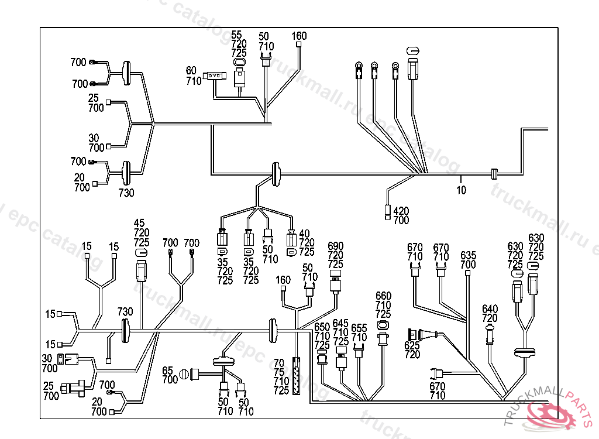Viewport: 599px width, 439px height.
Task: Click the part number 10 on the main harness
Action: pyautogui.click(x=462, y=190)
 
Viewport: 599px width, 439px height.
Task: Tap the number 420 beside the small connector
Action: pyautogui.click(x=401, y=211)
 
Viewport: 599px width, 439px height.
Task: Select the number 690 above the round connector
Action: pyautogui.click(x=335, y=246)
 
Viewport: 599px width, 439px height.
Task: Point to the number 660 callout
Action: pyautogui.click(x=383, y=296)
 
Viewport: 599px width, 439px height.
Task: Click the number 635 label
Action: pyautogui.click(x=469, y=256)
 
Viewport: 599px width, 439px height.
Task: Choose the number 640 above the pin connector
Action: pyautogui.click(x=490, y=309)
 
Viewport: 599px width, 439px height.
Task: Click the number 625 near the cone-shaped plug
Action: pyautogui.click(x=412, y=346)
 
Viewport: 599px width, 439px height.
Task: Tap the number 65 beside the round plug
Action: pyautogui.click(x=168, y=371)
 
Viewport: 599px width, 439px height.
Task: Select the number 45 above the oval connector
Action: pyautogui.click(x=139, y=224)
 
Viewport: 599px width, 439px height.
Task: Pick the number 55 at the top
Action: pyautogui.click(x=237, y=36)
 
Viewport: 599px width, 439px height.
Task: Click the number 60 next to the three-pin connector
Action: pyautogui.click(x=191, y=71)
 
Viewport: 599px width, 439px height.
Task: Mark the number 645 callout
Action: pyautogui.click(x=340, y=324)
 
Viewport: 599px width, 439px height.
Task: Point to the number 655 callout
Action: pyautogui.click(x=359, y=328)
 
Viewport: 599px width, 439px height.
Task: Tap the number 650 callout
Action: pyautogui.click(x=322, y=327)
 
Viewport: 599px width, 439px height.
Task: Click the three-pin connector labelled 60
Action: pyautogui.click(x=215, y=76)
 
